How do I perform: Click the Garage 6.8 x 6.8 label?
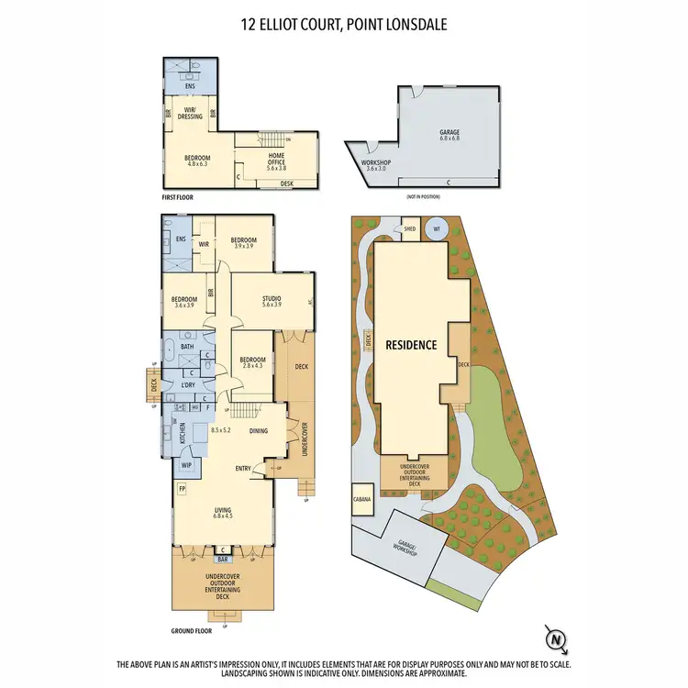pos(449,135)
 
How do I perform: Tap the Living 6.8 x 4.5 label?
pos(224,512)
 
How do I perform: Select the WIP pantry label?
pos(186,466)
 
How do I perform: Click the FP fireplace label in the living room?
pos(182,490)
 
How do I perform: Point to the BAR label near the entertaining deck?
pos(222,559)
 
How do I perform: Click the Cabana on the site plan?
pos(361,501)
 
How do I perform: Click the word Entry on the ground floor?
pos(243,469)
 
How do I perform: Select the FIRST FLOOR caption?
pos(176,197)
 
